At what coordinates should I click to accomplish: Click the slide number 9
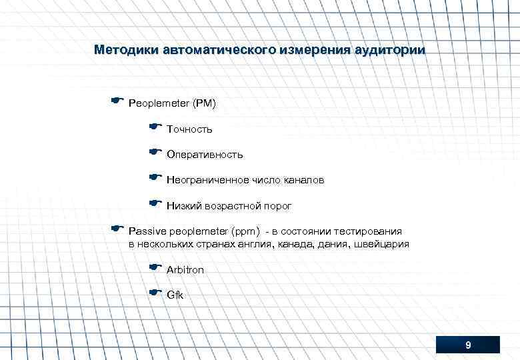pos(468,345)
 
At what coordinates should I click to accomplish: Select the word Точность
pos(189,129)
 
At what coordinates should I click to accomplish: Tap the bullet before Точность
pos(155,125)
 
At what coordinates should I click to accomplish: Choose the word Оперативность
pos(205,155)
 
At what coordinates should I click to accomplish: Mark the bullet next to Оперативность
pos(155,151)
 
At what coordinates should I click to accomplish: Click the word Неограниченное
pos(207,180)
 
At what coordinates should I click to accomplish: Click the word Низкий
pos(183,206)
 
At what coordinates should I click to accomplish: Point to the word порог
pos(278,206)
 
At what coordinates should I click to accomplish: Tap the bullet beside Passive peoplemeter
pos(118,229)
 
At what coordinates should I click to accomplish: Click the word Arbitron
pos(185,270)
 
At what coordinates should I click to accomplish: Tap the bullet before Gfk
pos(155,291)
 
